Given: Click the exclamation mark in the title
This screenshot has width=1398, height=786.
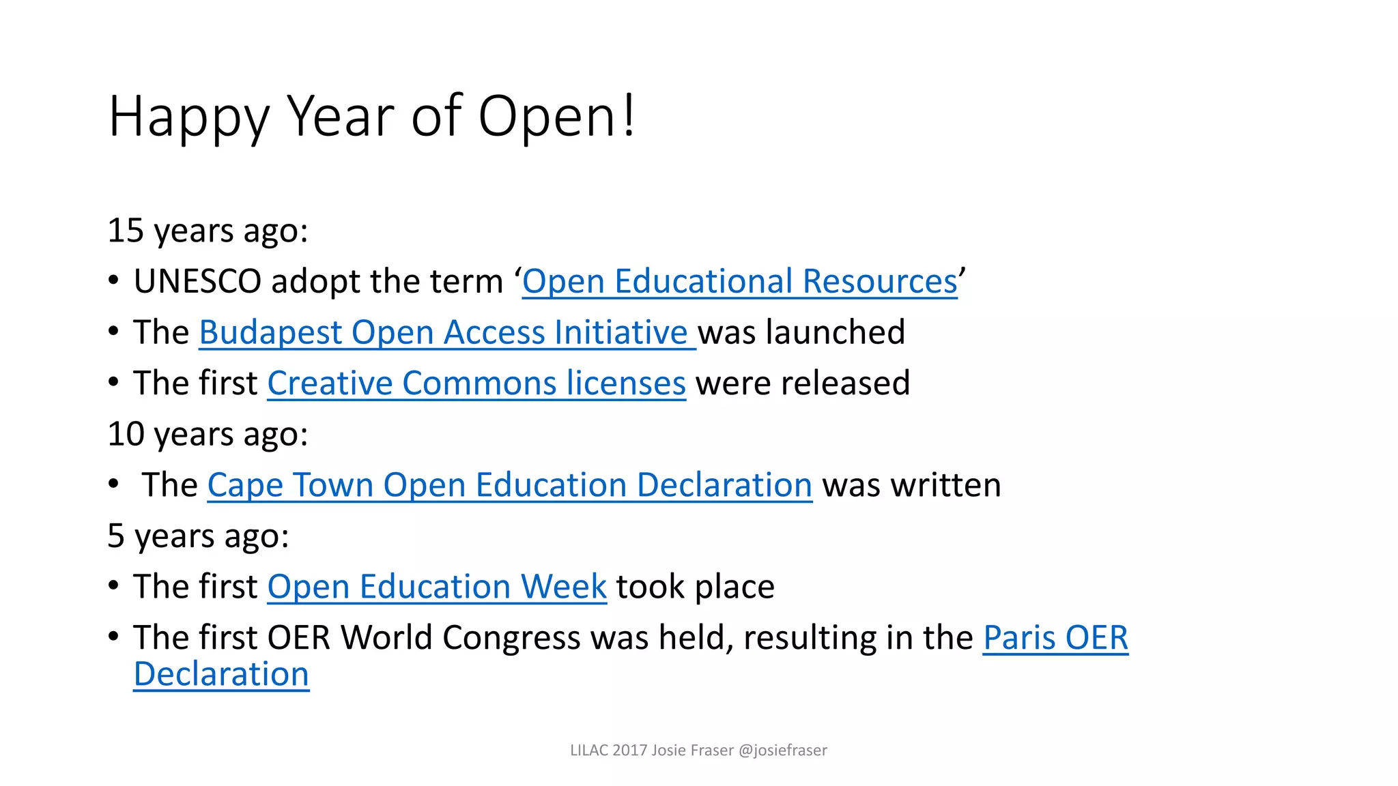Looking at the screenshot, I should (x=629, y=116).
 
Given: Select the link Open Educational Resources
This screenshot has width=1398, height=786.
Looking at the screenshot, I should (x=739, y=282).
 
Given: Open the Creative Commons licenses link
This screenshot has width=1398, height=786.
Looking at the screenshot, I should (x=476, y=383).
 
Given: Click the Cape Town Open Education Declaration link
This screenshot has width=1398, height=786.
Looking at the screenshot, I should (x=509, y=485).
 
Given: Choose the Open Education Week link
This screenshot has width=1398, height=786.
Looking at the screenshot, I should (x=437, y=587).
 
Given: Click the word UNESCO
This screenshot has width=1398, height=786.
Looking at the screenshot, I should (x=197, y=282).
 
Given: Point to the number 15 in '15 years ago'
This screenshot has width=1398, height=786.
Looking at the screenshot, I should (x=126, y=231).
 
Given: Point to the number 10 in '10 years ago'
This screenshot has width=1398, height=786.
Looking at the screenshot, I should (x=126, y=435).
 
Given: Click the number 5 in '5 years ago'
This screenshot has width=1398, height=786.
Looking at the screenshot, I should (x=116, y=536).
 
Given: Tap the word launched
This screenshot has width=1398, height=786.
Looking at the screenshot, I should (x=836, y=333).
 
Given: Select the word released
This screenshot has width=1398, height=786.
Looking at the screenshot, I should (x=845, y=383).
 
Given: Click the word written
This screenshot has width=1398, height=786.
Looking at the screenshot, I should (x=945, y=485).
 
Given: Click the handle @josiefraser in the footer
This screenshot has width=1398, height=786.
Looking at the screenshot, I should (x=782, y=751).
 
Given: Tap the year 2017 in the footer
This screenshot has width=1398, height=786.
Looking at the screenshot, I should (x=629, y=751).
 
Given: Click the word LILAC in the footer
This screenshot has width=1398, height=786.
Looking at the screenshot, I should (x=589, y=751).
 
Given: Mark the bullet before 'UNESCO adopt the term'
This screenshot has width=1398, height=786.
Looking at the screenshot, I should (x=113, y=280).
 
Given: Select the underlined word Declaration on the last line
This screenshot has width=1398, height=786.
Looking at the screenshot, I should (x=221, y=675).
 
